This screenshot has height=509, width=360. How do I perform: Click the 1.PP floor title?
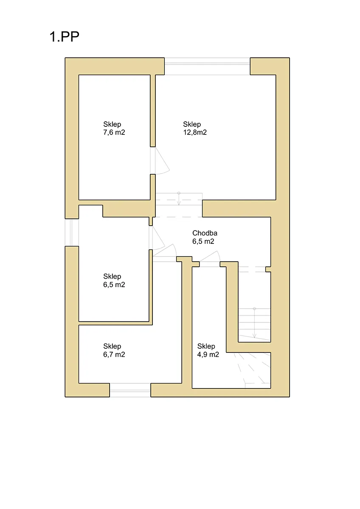(65, 36)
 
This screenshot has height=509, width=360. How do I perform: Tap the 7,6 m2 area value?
(114, 132)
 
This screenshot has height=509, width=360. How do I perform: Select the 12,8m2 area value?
(195, 132)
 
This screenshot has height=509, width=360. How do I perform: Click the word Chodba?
(205, 233)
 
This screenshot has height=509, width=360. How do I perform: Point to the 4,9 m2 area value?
(208, 355)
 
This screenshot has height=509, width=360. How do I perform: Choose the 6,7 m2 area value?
(114, 355)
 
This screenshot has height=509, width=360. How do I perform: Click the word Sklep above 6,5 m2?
(112, 276)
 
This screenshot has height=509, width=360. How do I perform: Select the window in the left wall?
(72, 232)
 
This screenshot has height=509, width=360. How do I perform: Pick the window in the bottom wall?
(130, 390)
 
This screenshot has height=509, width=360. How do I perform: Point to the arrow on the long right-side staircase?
(254, 323)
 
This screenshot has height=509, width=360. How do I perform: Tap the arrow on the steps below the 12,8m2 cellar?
(179, 199)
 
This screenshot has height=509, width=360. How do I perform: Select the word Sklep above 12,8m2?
(192, 124)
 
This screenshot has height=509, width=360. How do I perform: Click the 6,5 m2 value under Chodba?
(203, 241)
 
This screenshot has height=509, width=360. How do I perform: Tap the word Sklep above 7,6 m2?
(112, 124)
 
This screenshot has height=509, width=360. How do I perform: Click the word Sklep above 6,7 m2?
(112, 346)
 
